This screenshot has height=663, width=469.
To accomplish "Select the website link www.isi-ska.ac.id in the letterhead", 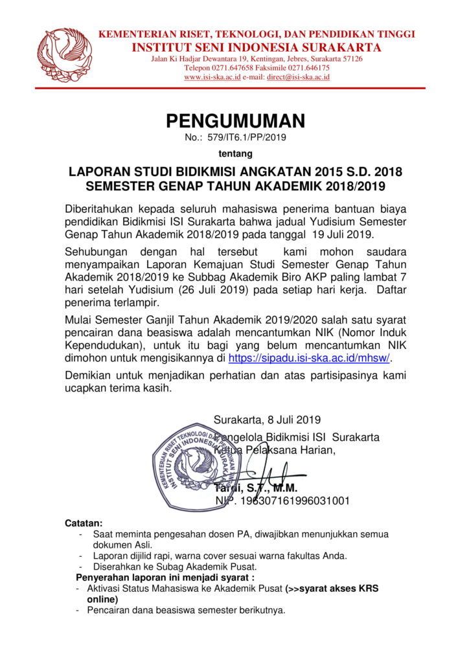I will [x=212, y=77].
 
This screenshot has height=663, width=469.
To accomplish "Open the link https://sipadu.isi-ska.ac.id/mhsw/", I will [x=310, y=357].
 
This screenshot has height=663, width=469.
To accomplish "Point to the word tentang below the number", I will [x=234, y=153].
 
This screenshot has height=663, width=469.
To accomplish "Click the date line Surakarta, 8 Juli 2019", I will [x=267, y=420].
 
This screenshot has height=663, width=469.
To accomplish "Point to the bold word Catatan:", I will [x=84, y=523].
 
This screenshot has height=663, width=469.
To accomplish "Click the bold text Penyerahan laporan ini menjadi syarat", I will [x=165, y=577].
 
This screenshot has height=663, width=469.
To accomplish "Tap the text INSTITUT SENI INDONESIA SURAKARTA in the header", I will [x=256, y=47].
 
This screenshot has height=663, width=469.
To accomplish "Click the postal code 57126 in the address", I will [x=351, y=58].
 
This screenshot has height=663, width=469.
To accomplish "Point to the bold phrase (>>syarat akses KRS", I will [x=332, y=589].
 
